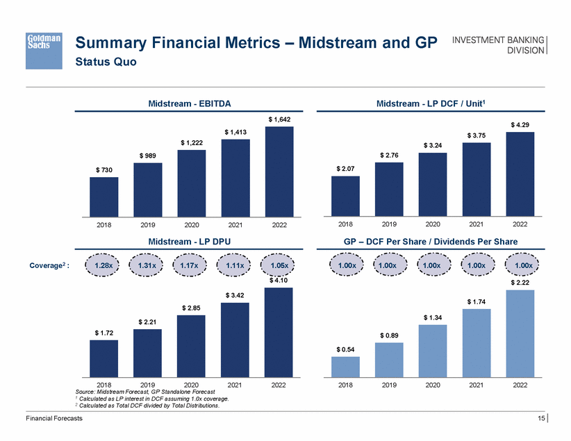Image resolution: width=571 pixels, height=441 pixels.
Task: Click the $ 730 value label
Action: click(104, 169)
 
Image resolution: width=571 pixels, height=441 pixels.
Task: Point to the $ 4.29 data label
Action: click(520, 124)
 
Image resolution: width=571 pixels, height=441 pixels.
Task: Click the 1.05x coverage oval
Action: click(279, 265)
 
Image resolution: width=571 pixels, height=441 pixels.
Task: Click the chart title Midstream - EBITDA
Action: click(190, 103)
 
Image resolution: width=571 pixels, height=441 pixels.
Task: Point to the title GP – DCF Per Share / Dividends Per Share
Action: click(431, 242)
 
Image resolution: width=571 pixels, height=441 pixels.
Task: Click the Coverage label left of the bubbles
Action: click(48, 266)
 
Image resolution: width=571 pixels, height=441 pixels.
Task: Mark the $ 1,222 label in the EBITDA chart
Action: click(191, 142)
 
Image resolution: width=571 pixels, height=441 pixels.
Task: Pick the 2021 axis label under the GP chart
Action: click(477, 383)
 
